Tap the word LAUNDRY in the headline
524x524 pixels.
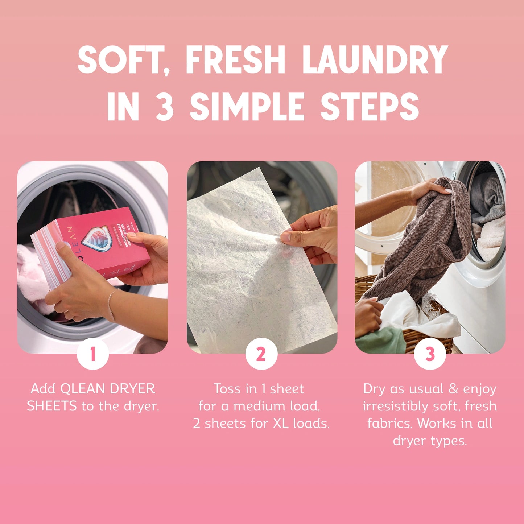pos(375,59)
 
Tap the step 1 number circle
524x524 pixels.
pos(93,354)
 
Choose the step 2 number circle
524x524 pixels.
pos(261,354)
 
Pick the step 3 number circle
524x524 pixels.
pos(430,354)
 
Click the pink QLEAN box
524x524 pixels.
pos(91,247)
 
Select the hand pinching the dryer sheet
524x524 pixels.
pos(315,236)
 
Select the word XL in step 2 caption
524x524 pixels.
pos(281,423)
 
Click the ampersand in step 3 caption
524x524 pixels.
pos(453,389)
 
